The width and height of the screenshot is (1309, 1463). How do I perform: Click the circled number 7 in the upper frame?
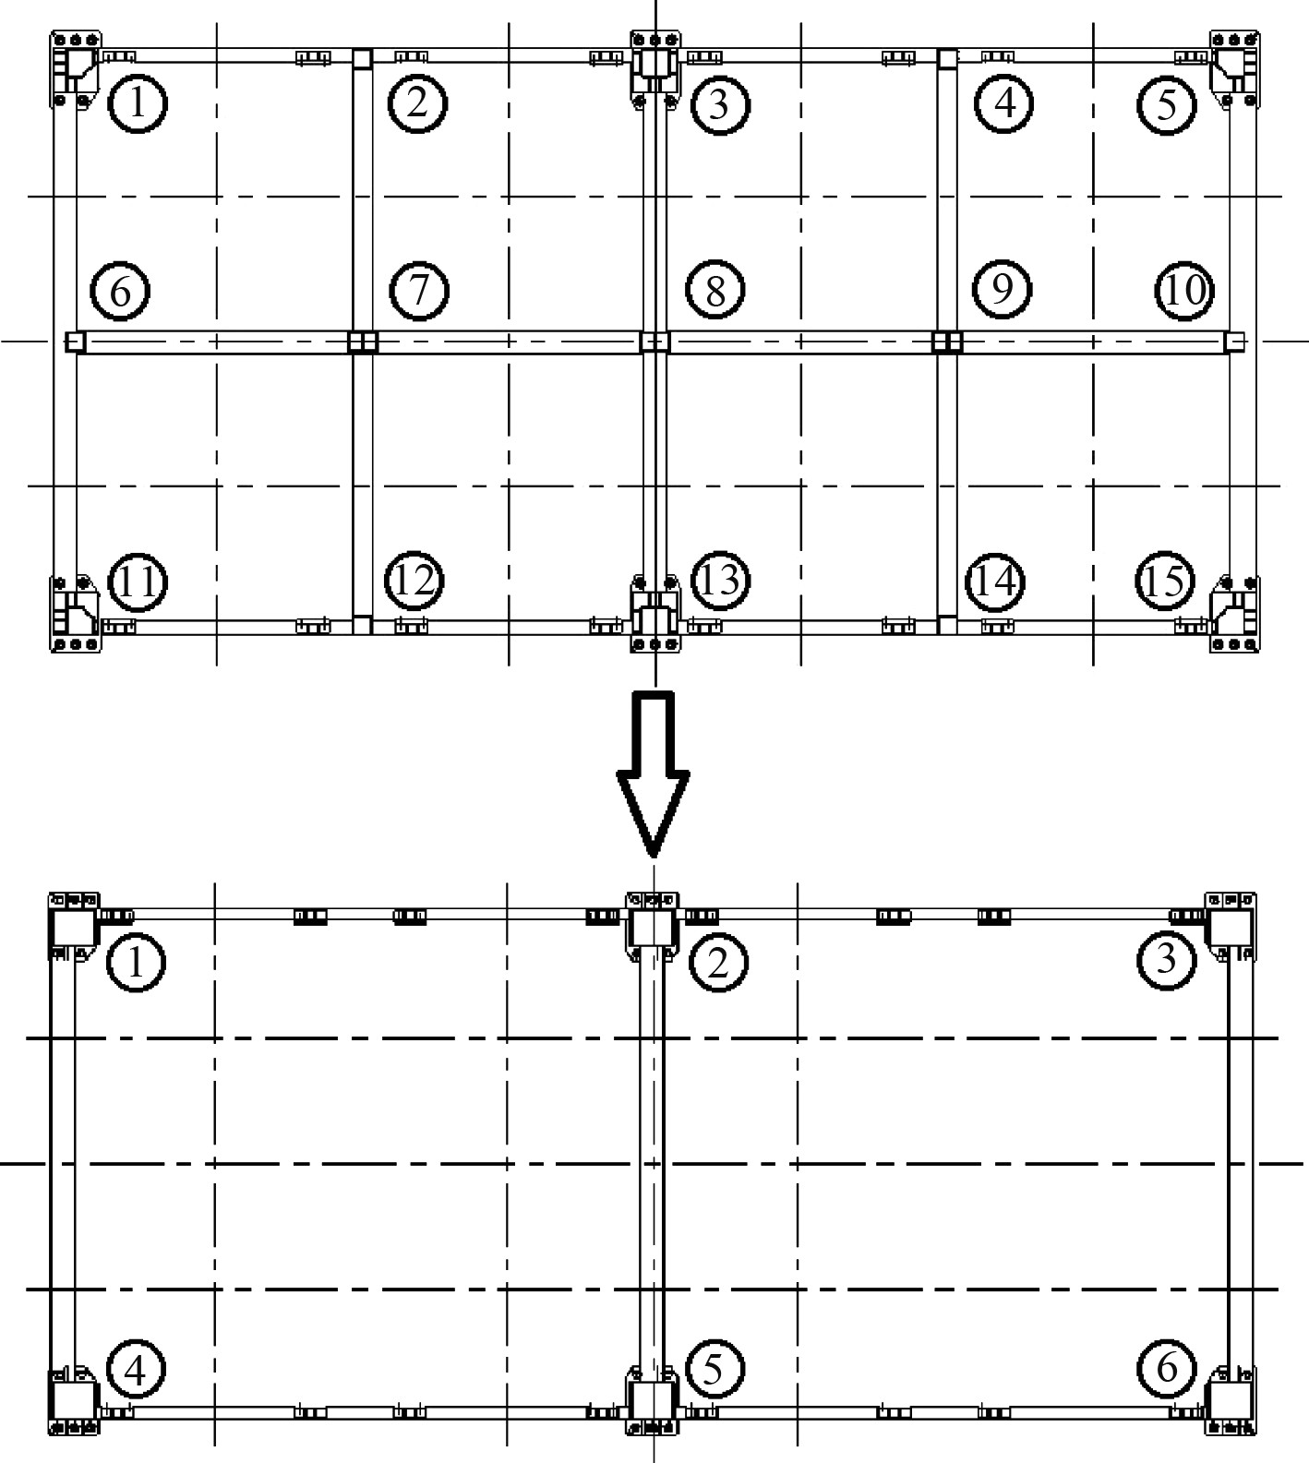pyautogui.click(x=419, y=290)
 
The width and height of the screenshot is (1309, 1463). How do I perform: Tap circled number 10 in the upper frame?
pyautogui.click(x=1184, y=290)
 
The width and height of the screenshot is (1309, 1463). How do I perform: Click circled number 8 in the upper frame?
pyautogui.click(x=715, y=291)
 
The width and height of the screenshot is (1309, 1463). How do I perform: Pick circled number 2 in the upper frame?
pyautogui.click(x=417, y=102)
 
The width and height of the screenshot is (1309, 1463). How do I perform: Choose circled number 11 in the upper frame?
pyautogui.click(x=138, y=582)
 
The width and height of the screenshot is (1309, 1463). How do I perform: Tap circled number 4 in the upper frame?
pyautogui.click(x=1004, y=102)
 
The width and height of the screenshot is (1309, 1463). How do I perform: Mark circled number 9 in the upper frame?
pyautogui.click(x=1003, y=290)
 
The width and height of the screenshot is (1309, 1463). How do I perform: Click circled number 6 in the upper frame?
pyautogui.click(x=121, y=291)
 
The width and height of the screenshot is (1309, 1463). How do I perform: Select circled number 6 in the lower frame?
pyautogui.click(x=1167, y=1367)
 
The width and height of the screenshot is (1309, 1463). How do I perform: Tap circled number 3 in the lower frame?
pyautogui.click(x=1165, y=960)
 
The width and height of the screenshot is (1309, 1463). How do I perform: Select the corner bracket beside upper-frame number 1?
pyautogui.click(x=75, y=68)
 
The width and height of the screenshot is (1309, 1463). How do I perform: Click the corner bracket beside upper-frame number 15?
pyautogui.click(x=1234, y=614)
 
